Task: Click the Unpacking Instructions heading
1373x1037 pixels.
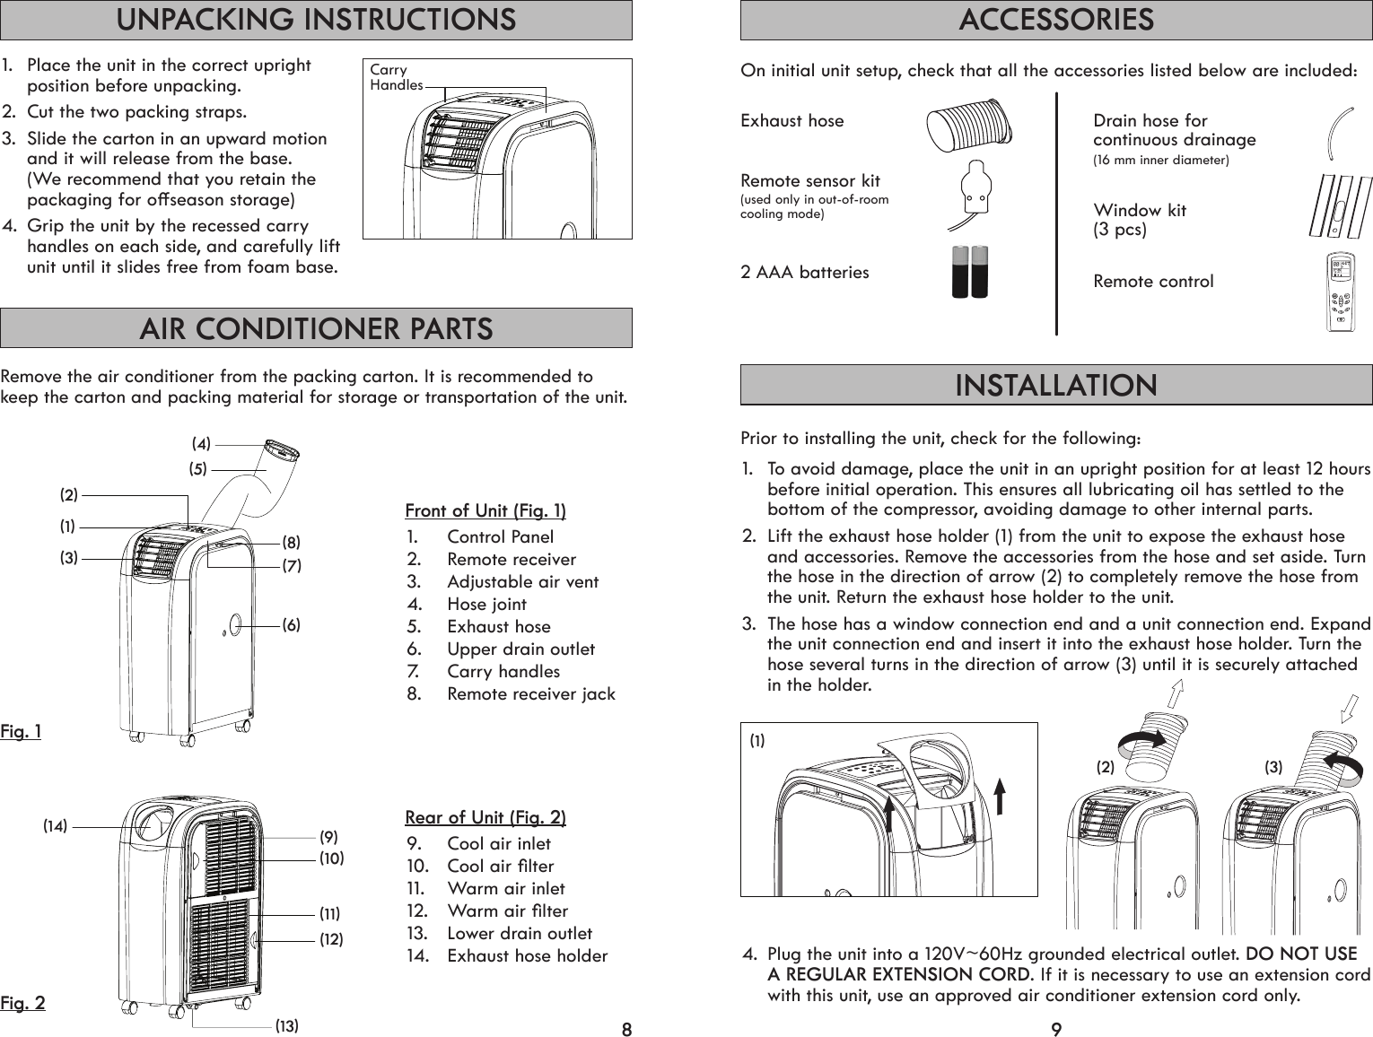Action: pyautogui.click(x=316, y=20)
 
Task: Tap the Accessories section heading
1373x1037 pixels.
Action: pyautogui.click(x=1055, y=20)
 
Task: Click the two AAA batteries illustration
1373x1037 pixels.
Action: pyautogui.click(x=969, y=272)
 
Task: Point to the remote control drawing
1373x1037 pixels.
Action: pyautogui.click(x=1341, y=292)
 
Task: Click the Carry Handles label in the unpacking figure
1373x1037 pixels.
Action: pyautogui.click(x=396, y=77)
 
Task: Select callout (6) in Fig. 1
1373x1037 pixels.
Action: pyautogui.click(x=291, y=624)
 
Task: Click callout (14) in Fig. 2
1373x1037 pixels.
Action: pyautogui.click(x=56, y=826)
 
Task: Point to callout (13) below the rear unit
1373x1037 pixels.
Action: pyautogui.click(x=286, y=1024)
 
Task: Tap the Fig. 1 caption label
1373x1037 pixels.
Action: pyautogui.click(x=21, y=732)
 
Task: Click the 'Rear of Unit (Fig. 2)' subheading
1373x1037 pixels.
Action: pyautogui.click(x=485, y=817)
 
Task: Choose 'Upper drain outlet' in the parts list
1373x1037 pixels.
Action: pyautogui.click(x=520, y=649)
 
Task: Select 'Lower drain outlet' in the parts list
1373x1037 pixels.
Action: pyautogui.click(x=520, y=933)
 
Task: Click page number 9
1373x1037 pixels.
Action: pyautogui.click(x=1056, y=1028)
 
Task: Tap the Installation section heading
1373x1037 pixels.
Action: pyautogui.click(x=1055, y=386)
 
